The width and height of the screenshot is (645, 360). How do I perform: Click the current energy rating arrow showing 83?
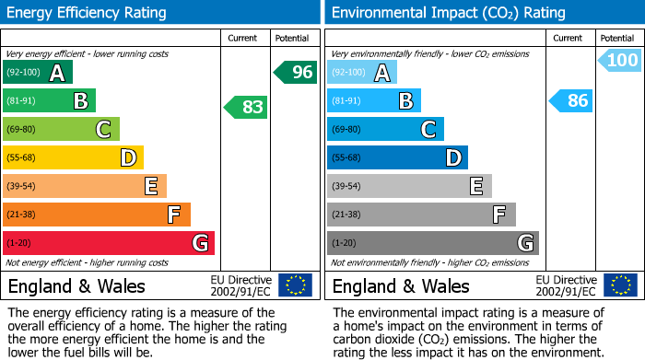pos(247,107)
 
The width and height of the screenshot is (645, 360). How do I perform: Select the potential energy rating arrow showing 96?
pos(296,72)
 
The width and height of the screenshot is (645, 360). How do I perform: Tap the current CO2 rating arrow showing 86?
pos(571,100)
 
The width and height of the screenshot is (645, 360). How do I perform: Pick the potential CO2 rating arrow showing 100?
pos(619,61)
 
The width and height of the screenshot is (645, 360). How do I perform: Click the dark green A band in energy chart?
pos(38,73)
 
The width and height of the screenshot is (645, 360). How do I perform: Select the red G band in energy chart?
pos(109,243)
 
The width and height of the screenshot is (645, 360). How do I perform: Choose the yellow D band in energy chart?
pos(73,157)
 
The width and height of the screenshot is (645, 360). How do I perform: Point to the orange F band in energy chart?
pos(97,215)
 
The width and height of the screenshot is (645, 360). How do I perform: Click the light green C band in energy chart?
pos(61,129)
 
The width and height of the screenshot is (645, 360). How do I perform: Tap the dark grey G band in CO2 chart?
pos(433,243)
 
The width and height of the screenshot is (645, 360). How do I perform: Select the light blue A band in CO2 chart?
pos(362,73)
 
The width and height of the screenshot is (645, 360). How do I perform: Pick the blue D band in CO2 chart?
pos(397,157)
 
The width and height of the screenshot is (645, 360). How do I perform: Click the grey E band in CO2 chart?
pos(409,186)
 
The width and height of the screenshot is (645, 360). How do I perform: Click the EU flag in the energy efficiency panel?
pos(295,285)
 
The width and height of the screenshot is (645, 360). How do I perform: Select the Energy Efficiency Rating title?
pos(87,13)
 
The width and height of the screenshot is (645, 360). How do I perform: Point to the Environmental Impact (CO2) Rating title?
pos(448,13)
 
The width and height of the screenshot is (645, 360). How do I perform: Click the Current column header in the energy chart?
pos(244,38)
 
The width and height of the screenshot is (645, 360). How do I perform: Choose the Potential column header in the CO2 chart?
pos(616,38)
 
